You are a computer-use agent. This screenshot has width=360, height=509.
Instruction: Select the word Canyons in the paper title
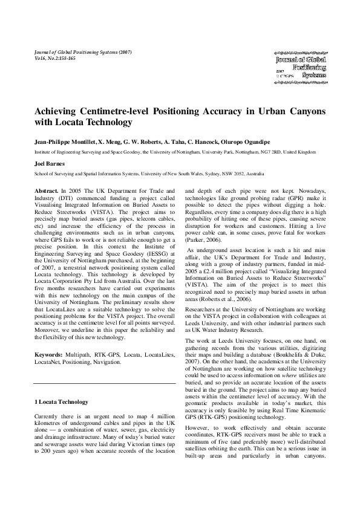(304, 112)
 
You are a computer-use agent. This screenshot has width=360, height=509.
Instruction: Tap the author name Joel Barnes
(50, 163)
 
